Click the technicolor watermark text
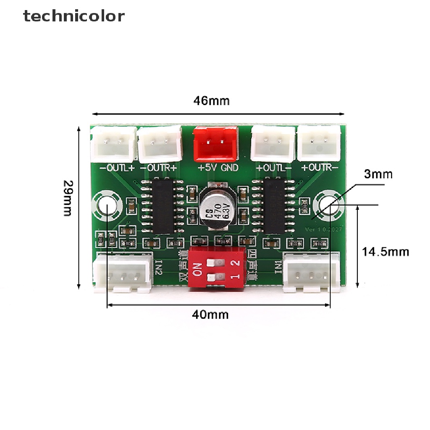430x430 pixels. coord(74,16)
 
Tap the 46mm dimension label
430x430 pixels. coord(211,101)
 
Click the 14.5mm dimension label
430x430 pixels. coord(385,252)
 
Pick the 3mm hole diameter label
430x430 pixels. coord(378,174)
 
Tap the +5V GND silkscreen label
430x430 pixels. coord(218,168)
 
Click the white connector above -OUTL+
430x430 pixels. coord(113,144)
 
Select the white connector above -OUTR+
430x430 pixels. coord(160,144)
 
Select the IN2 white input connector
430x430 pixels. coord(122,273)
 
